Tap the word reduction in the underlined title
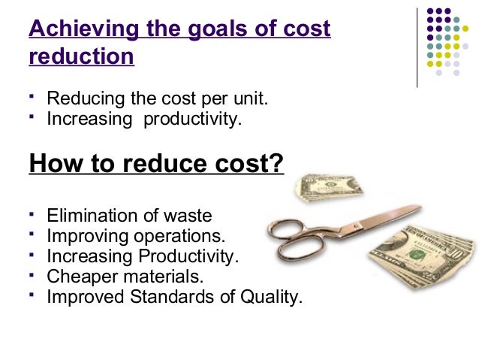point(81,57)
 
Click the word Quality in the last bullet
point(270,297)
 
